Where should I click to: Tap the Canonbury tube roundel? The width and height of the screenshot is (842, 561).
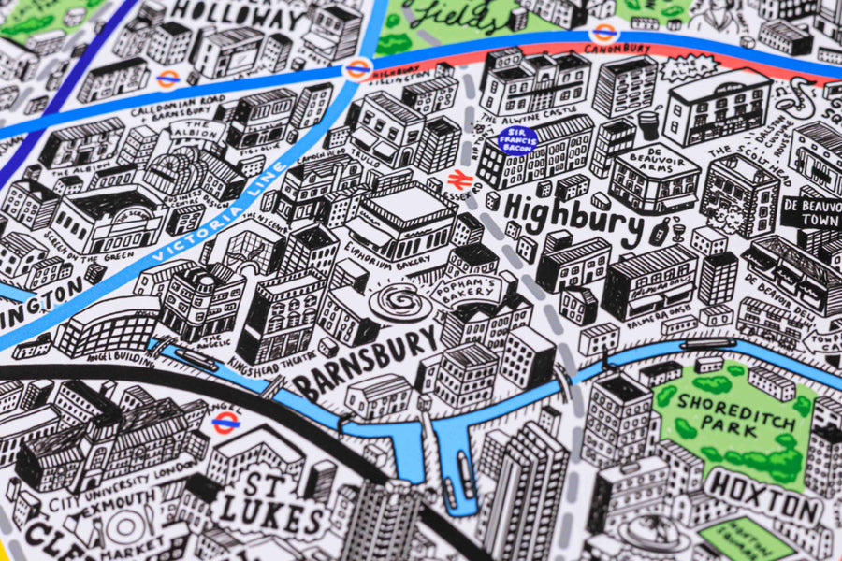pyautogui.click(x=604, y=33)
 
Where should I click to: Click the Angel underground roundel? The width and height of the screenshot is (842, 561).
pyautogui.click(x=225, y=422)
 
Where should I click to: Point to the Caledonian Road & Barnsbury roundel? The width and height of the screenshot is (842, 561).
pyautogui.click(x=168, y=79)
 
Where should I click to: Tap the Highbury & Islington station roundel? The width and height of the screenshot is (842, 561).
pyautogui.click(x=357, y=68)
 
